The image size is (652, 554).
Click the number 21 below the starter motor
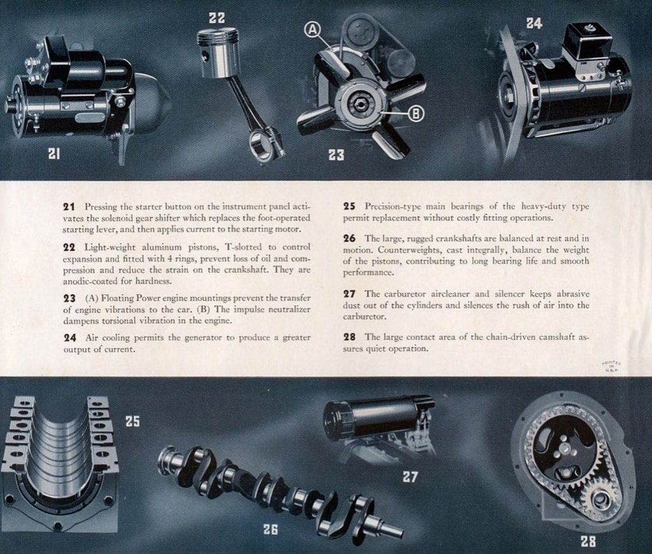54,153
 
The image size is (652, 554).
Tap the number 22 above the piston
216,18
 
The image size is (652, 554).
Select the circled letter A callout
312,29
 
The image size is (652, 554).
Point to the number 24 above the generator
534,24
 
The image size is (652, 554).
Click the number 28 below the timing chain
588,542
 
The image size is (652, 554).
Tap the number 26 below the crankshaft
271,529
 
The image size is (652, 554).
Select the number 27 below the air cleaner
410,476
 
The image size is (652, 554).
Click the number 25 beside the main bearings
132,421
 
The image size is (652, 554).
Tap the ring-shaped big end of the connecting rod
261,145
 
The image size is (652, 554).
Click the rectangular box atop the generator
587,42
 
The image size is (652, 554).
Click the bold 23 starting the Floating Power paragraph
69,298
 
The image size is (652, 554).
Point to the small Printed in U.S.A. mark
611,367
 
